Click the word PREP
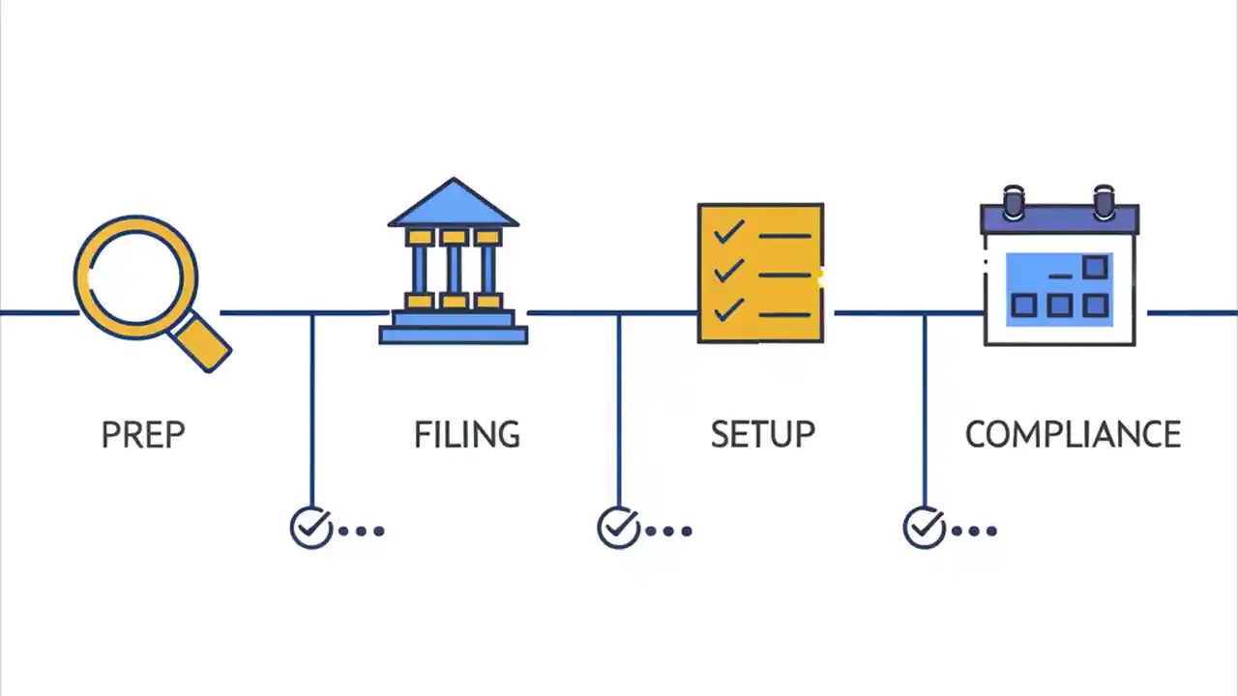143,435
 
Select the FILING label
467,435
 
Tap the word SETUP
762,435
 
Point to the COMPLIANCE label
1073,435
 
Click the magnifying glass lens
135,277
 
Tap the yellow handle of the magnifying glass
204,343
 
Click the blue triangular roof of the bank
453,205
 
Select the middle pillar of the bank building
454,270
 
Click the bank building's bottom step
453,335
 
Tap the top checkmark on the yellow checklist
728,232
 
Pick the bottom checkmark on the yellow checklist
728,309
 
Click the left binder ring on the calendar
1014,202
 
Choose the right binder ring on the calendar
1104,202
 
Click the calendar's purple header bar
1060,220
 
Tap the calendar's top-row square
1095,267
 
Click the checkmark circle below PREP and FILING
311,528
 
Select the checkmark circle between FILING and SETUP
618,528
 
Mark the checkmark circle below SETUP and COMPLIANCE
924,528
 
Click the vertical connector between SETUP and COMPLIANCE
925,406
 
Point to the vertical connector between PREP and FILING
311,406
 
